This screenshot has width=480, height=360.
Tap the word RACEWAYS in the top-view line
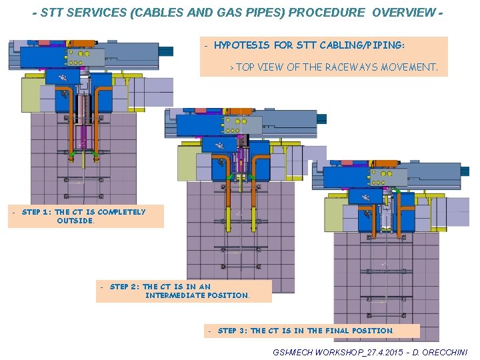point(351,67)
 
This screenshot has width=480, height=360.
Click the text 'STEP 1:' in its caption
point(37,212)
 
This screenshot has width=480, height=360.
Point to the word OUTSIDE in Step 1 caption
point(75,221)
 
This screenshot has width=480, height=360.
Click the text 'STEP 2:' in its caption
point(125,287)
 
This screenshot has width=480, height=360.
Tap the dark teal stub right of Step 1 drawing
point(165,51)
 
